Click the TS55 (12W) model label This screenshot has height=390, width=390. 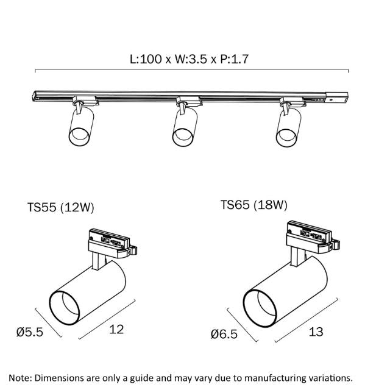60,207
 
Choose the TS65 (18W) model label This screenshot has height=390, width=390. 253,205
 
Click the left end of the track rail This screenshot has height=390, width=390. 35,94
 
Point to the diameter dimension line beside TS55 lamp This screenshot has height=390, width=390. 49,322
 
